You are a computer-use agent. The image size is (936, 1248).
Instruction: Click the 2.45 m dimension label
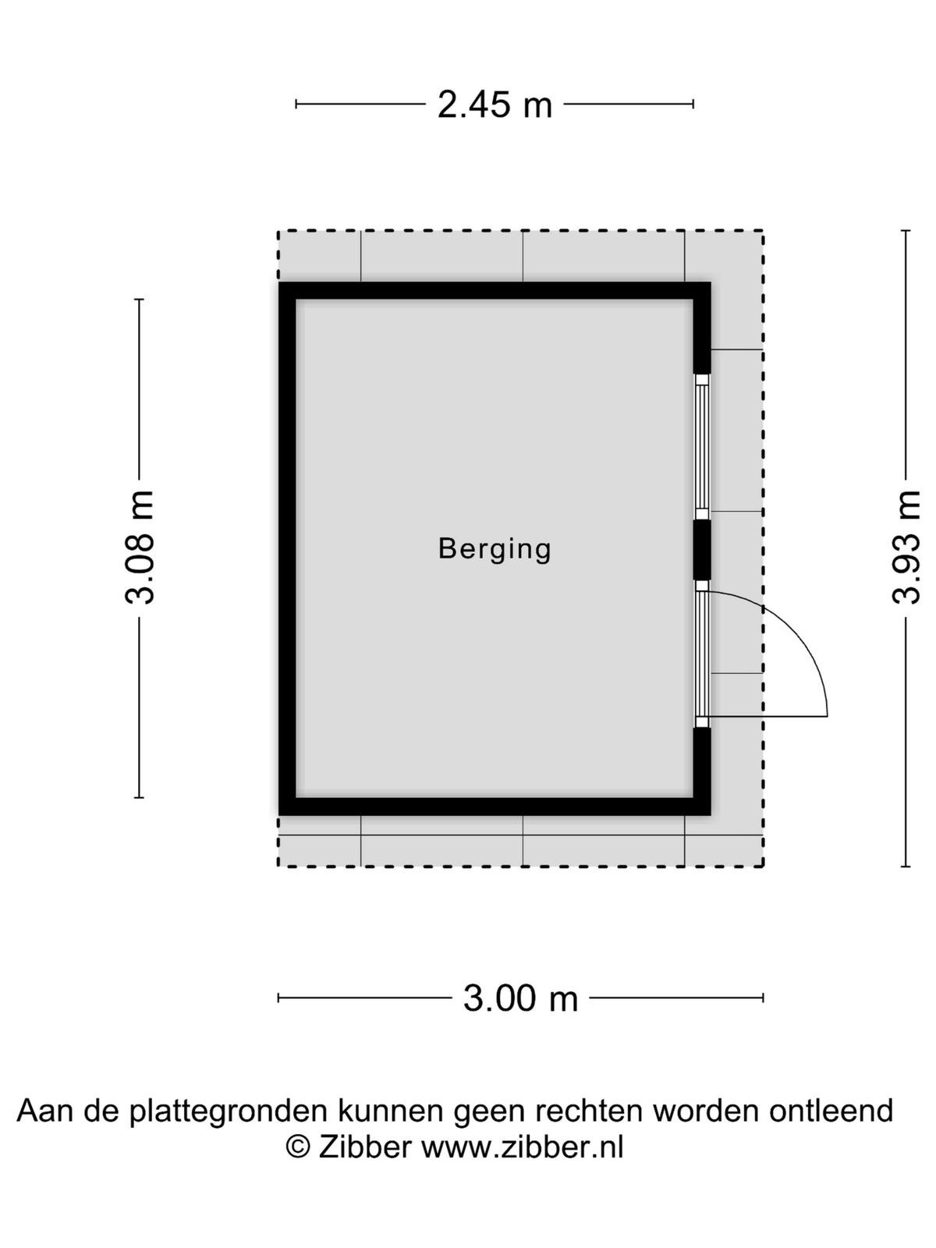click(495, 105)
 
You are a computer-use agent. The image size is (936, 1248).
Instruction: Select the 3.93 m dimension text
click(906, 547)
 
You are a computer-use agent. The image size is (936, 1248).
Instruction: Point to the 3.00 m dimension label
click(520, 998)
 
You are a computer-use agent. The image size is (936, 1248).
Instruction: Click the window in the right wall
click(703, 447)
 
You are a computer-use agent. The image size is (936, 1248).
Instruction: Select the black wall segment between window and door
click(703, 550)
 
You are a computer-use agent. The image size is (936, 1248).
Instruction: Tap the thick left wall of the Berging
click(287, 548)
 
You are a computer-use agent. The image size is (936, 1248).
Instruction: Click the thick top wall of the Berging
click(495, 290)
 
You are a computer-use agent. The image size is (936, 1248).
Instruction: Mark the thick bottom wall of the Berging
click(495, 807)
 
